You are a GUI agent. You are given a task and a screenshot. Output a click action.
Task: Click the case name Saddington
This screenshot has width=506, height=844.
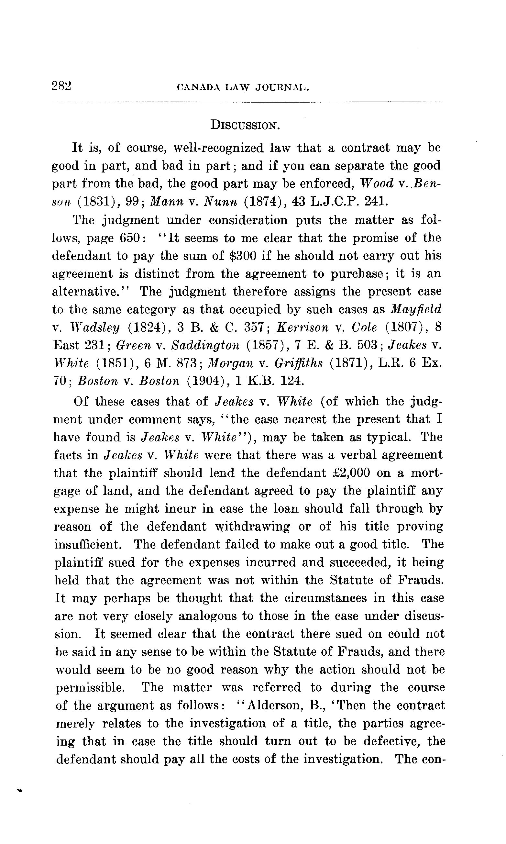tap(205, 345)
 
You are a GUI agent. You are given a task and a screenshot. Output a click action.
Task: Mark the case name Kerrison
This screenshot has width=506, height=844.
tap(303, 328)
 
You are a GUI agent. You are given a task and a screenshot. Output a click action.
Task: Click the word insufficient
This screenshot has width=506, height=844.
tap(88, 544)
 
